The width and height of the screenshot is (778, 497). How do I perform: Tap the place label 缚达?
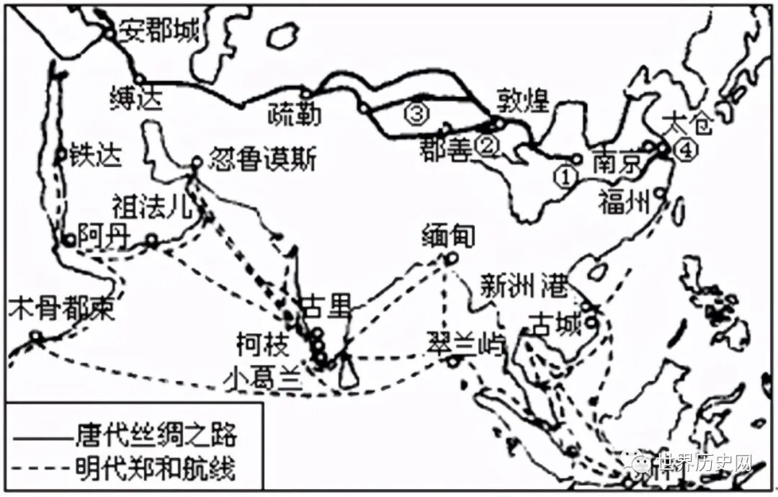point(136,99)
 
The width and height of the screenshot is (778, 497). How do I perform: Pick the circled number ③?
point(417,112)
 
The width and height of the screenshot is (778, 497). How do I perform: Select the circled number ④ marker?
point(687,151)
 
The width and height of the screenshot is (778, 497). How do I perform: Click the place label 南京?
point(617,164)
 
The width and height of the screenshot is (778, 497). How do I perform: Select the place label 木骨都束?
point(61,309)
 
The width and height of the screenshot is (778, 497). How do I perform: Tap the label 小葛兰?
point(263,377)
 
